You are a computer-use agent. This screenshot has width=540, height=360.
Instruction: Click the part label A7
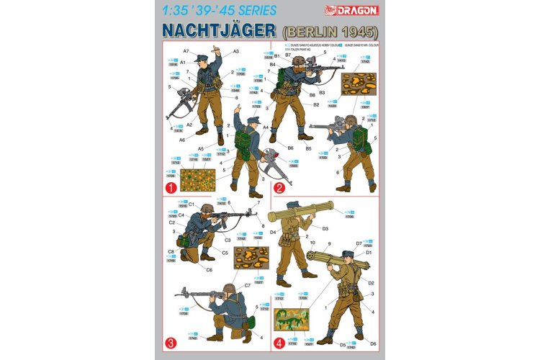tap(186, 51)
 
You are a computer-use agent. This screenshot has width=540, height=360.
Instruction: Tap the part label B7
tap(287, 55)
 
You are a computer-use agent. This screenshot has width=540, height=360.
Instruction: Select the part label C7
tap(247, 286)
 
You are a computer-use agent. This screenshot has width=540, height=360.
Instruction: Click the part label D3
tap(325, 228)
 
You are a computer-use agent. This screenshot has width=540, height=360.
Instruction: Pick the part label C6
tap(209, 270)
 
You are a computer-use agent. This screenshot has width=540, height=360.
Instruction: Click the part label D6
tap(373, 343)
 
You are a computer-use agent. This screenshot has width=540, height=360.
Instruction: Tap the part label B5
tap(307, 148)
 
